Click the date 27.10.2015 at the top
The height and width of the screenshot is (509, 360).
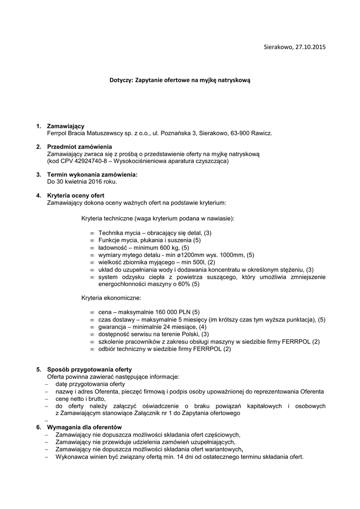pos(310,47)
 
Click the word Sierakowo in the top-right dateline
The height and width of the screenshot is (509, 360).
pos(278,47)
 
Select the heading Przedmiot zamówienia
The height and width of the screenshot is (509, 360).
pos(80,147)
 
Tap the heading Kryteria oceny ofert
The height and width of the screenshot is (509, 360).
pos(76,195)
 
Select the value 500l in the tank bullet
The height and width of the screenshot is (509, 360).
pos(198,262)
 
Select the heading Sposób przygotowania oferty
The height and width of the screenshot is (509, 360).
pos(89,370)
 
